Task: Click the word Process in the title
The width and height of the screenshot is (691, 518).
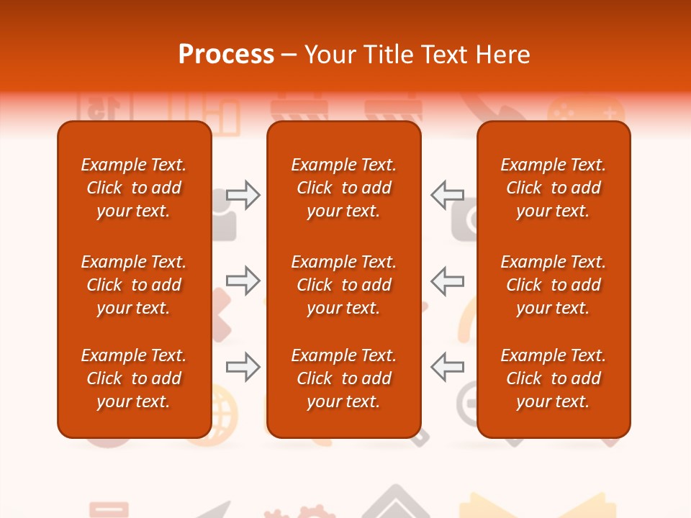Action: [226, 55]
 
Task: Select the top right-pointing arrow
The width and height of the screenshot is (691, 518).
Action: [243, 195]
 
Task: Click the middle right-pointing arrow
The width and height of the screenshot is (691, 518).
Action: [243, 281]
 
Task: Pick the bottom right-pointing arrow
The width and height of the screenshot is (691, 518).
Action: [243, 367]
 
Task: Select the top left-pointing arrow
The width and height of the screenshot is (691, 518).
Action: [447, 195]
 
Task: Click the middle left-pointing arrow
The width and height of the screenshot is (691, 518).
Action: [447, 281]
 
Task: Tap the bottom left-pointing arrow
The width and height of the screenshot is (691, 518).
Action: [447, 367]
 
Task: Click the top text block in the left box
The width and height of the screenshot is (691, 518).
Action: [134, 188]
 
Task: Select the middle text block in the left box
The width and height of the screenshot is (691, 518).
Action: [134, 285]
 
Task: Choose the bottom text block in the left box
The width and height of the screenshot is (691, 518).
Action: [134, 378]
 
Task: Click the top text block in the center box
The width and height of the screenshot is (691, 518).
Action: [343, 188]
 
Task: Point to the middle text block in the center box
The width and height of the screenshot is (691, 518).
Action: [343, 285]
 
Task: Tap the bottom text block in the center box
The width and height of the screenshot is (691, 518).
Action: [343, 378]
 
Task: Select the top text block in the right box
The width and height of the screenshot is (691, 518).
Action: [553, 188]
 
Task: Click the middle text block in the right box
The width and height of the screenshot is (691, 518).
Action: [553, 285]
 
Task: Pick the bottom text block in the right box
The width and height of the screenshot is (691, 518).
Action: [553, 378]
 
